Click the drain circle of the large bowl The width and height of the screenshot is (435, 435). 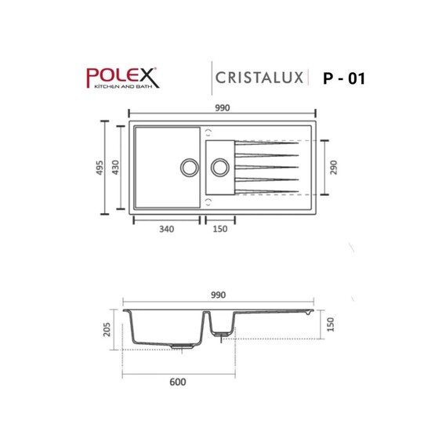[x=189, y=167]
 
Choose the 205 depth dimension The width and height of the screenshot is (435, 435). [x=109, y=330]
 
